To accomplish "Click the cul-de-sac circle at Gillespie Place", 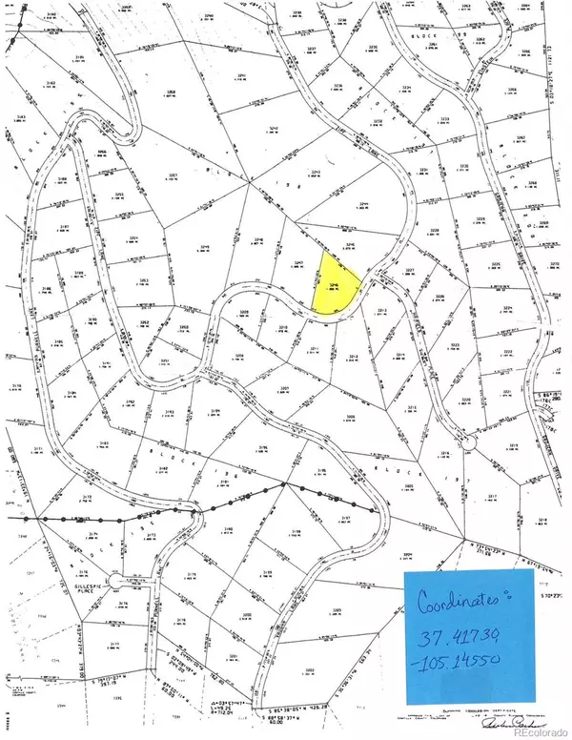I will tap(115, 581).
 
